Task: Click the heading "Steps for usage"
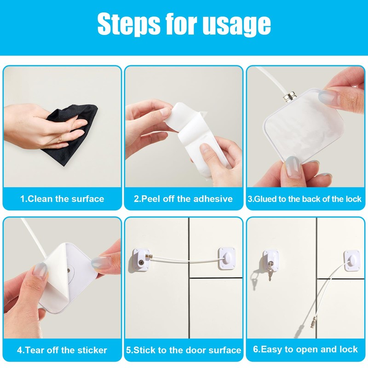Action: coord(184,24)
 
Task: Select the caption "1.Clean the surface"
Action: coord(62,199)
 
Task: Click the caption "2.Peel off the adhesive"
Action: coord(183,199)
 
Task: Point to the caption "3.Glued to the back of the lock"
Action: coord(305,199)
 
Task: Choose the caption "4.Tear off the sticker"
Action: coord(62,350)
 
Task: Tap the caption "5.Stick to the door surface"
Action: coord(184,350)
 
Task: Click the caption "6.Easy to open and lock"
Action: coord(305,349)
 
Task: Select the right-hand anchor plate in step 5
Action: coord(227,258)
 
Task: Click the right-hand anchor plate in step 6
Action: coord(352,260)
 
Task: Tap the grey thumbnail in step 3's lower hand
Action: coord(293,167)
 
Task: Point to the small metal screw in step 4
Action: coord(68,270)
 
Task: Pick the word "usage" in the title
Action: coord(236,24)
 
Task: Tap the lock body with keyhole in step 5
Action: coord(141,259)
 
